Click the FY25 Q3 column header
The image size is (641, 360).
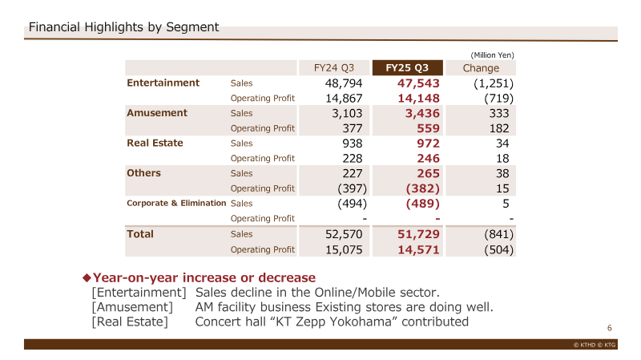point(407,68)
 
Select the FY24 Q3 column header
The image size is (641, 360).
point(334,68)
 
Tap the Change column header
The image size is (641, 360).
point(481,68)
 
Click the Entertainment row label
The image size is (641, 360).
point(163,83)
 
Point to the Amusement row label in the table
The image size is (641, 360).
point(157,113)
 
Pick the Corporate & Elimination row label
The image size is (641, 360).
point(176,203)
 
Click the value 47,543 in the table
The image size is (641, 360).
point(418,83)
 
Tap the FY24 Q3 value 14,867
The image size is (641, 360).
point(344,99)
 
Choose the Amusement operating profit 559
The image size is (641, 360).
point(429,128)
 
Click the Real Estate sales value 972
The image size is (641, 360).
point(429,144)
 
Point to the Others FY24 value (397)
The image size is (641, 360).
point(353,188)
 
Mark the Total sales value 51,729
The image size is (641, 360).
point(418,234)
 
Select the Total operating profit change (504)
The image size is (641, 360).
point(498,250)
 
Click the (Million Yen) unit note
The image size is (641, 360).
point(492,55)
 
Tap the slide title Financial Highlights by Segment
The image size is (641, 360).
point(124,27)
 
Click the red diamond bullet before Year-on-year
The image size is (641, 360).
point(87,277)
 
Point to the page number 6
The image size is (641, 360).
point(610,328)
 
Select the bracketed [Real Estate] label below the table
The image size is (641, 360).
point(130,322)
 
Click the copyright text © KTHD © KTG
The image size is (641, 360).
point(595,345)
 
